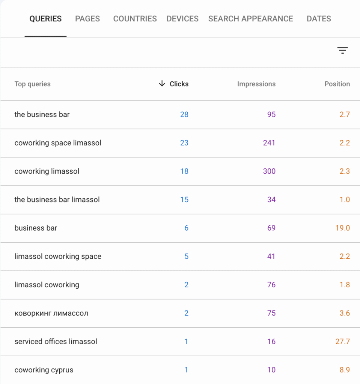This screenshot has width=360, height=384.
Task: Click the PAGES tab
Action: click(87, 19)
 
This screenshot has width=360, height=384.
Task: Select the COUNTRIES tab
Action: click(135, 19)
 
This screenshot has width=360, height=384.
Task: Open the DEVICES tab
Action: click(182, 19)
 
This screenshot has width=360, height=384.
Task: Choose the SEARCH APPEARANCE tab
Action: click(250, 19)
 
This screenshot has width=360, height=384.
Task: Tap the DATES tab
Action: click(319, 19)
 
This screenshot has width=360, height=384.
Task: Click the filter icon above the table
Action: click(342, 51)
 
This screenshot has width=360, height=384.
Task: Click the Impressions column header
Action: click(256, 84)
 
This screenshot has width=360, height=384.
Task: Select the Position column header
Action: click(337, 84)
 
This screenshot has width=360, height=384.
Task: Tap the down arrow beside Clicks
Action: click(162, 84)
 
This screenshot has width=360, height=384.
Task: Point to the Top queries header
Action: click(32, 84)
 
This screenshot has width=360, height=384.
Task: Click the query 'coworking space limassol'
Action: click(58, 143)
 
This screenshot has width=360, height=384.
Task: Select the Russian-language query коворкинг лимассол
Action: click(51, 313)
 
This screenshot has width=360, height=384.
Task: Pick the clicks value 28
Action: click(184, 114)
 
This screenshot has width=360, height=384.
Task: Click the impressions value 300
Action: click(269, 171)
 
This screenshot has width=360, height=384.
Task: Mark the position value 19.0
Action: click(342, 228)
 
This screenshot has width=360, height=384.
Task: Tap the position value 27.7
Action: click(342, 342)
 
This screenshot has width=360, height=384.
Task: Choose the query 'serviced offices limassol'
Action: click(56, 342)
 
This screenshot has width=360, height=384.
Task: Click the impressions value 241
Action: click(269, 143)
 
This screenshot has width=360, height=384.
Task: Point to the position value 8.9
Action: click(345, 370)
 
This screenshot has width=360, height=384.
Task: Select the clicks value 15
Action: click(184, 199)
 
